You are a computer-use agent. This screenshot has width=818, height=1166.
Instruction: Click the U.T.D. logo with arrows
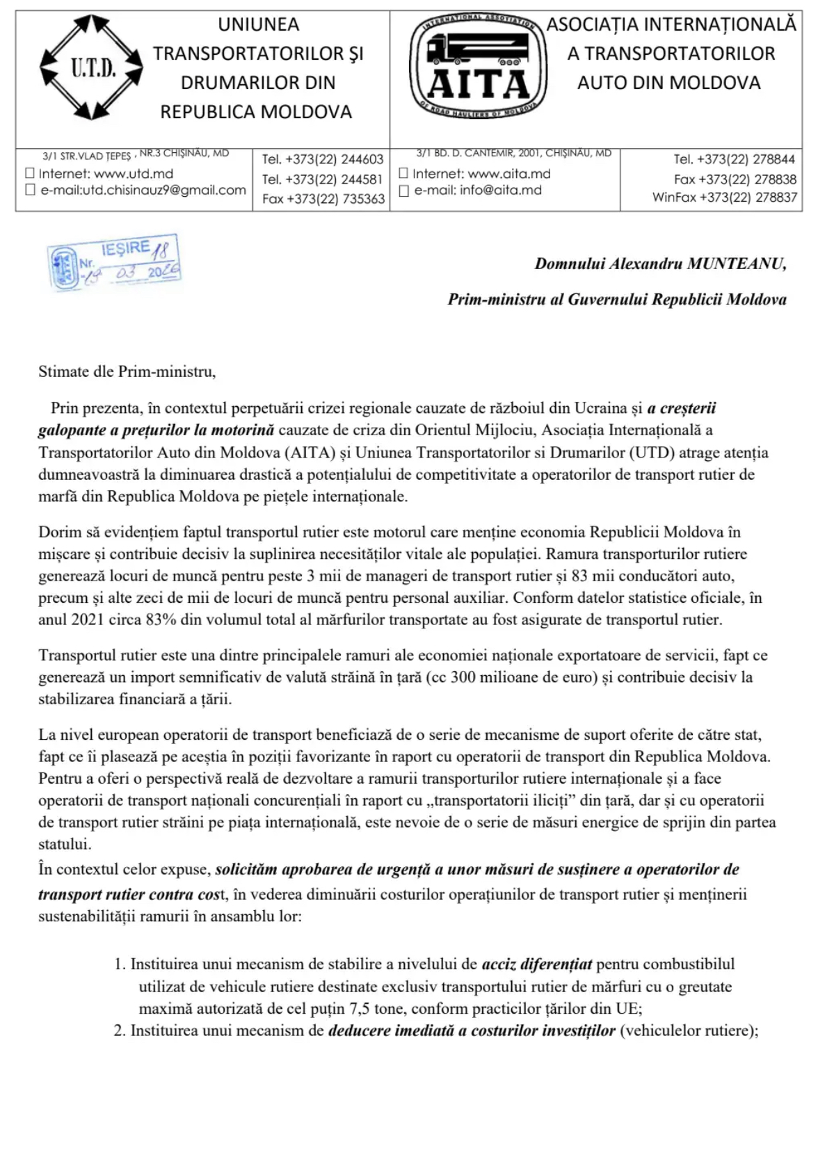point(91,67)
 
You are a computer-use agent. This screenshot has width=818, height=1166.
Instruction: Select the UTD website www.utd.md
point(134,174)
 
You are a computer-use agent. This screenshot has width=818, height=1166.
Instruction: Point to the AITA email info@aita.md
point(501,190)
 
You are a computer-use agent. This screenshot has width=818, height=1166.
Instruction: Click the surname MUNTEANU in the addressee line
point(737,264)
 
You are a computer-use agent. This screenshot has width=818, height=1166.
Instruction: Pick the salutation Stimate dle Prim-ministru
point(127,371)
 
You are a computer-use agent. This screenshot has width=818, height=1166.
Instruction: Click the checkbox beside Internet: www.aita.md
point(403,174)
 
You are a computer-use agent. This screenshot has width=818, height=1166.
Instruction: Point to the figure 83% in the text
point(161,620)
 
